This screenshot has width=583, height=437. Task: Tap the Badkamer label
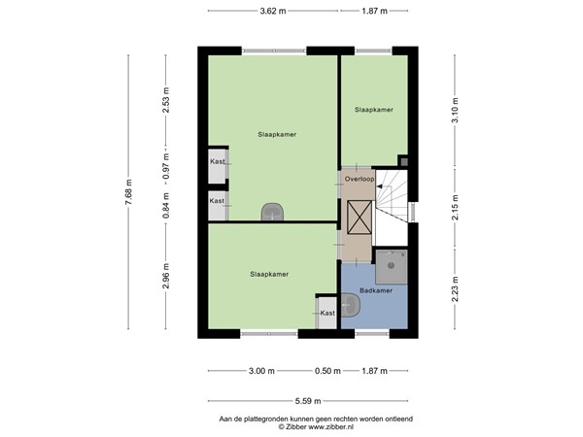375,290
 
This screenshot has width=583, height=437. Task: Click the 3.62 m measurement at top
273,12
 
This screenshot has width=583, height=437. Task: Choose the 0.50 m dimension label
328,371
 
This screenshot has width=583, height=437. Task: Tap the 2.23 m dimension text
454,288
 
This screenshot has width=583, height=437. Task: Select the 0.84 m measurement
166,206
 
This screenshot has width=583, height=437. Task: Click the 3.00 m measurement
261,371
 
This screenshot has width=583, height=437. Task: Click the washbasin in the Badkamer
351,308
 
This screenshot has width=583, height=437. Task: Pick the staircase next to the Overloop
394,204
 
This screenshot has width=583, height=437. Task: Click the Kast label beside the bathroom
327,313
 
